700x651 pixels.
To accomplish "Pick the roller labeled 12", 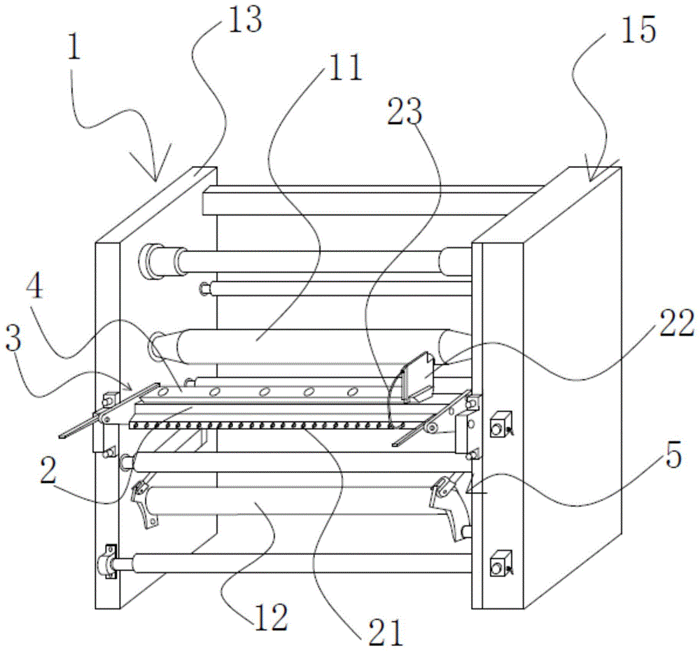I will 294,511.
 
